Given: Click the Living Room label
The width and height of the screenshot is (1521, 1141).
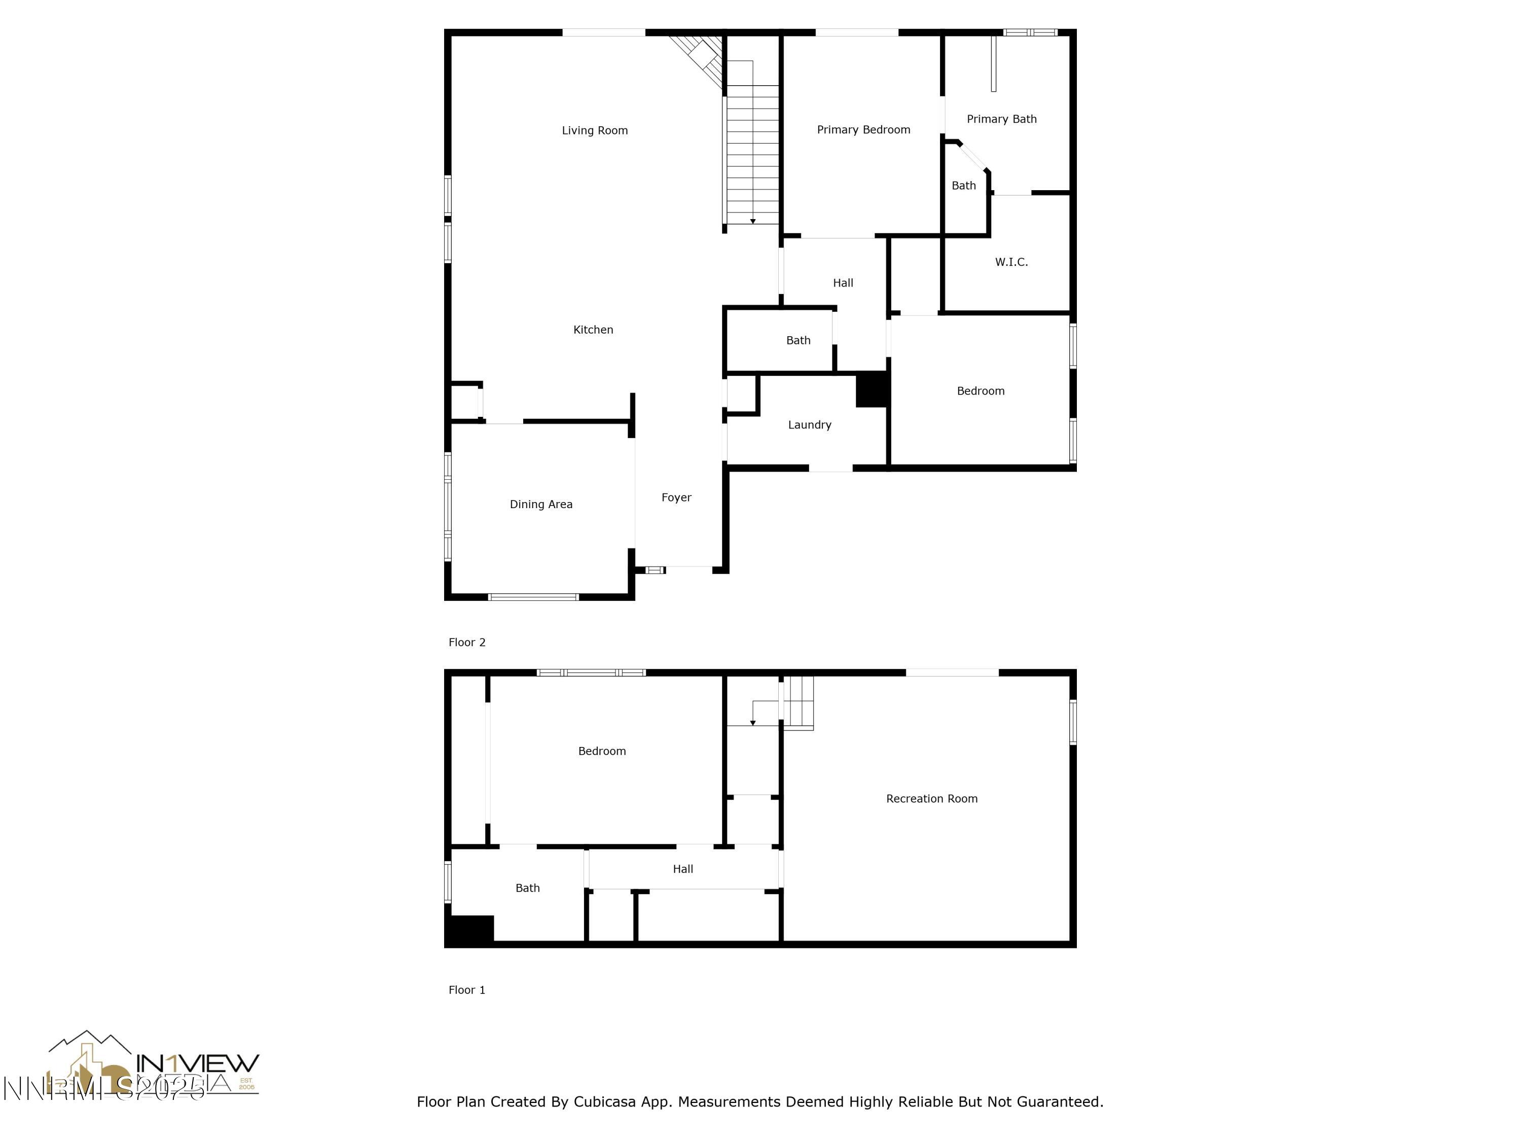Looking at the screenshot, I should point(595,131).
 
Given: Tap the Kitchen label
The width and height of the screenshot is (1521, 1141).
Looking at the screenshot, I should point(593,330).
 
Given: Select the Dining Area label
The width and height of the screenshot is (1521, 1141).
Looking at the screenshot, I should point(540,504).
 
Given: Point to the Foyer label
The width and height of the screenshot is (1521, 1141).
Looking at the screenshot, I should point(676,497).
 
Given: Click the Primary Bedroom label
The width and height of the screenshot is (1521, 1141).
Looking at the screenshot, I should point(863,130).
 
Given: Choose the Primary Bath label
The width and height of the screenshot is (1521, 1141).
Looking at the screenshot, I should point(1001,119).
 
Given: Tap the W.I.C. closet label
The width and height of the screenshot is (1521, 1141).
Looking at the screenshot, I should point(1011,262).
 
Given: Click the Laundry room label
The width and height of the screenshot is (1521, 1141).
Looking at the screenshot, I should point(809,425).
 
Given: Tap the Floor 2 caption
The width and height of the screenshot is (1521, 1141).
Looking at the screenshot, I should point(467,643).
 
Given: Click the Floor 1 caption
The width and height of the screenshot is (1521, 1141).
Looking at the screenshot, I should point(467,990).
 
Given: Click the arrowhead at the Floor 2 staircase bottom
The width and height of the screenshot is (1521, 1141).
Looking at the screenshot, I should point(753,222).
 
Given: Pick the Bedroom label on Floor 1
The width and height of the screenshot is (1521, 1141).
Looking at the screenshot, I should point(602,751).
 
